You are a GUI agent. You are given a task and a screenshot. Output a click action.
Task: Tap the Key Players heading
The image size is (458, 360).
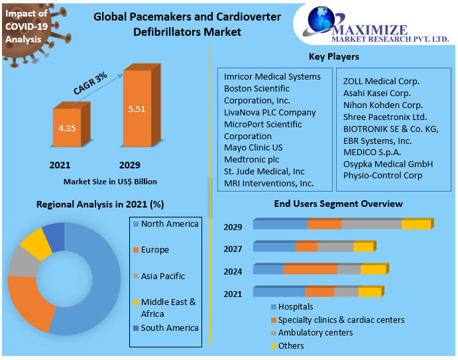pyautogui.click(x=333, y=57)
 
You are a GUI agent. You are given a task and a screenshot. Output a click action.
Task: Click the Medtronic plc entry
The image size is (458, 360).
pyautogui.click(x=252, y=159)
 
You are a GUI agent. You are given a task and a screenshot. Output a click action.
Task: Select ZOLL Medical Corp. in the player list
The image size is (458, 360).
pyautogui.click(x=381, y=81)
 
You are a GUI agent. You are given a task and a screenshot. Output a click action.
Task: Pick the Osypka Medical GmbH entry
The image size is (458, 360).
pyautogui.click(x=388, y=164)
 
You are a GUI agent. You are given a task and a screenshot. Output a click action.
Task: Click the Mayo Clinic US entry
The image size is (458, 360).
pyautogui.click(x=253, y=147)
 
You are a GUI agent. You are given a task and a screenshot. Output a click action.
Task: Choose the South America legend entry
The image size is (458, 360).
pyautogui.click(x=169, y=328)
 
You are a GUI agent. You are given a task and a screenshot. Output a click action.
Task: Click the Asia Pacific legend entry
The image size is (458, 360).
pyautogui.click(x=162, y=276)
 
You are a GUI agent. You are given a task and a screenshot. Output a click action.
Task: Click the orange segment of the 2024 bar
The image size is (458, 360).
pyautogui.click(x=310, y=269)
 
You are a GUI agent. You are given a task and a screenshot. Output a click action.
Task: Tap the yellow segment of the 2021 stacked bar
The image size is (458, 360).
pyautogui.click(x=369, y=292)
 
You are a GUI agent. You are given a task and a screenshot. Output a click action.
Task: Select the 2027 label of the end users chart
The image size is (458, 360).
pyautogui.click(x=233, y=250)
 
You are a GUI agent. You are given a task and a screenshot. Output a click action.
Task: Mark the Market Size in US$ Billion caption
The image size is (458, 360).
pyautogui.click(x=110, y=182)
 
